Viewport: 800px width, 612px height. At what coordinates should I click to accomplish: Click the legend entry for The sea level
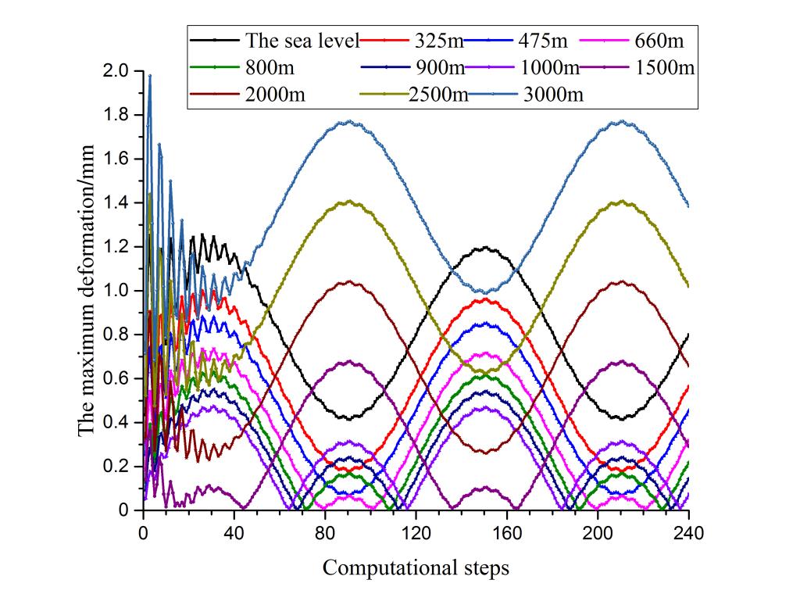[x=302, y=40]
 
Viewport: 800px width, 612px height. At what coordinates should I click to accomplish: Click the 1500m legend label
[x=666, y=67]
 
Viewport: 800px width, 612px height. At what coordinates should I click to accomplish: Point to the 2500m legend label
[x=439, y=95]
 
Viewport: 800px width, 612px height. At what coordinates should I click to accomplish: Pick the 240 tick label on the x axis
[x=688, y=534]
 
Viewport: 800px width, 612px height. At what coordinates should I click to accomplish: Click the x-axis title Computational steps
[x=416, y=567]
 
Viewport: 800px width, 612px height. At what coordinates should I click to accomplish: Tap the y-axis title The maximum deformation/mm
[x=87, y=290]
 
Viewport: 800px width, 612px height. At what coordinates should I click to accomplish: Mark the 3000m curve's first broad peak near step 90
[x=348, y=121]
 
